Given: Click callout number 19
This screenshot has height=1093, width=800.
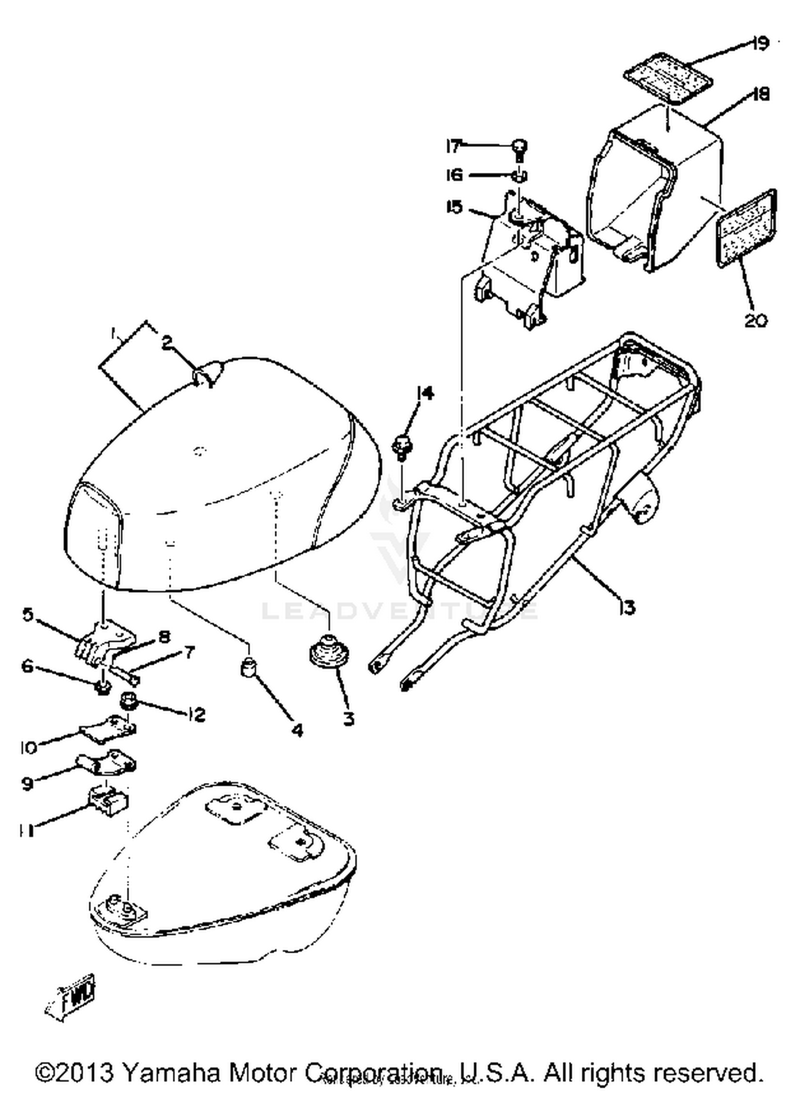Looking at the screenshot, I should click(x=760, y=42).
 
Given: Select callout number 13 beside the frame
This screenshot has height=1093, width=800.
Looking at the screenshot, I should click(x=628, y=607).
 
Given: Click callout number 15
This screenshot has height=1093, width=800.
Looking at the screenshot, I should click(x=454, y=207).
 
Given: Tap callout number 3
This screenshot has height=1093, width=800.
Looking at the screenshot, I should click(x=348, y=719).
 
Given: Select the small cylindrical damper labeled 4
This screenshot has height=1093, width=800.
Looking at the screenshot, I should click(x=249, y=667).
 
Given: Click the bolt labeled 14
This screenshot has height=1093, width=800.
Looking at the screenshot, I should click(x=403, y=445).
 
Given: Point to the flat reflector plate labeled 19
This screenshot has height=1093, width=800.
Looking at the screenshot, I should click(x=669, y=79).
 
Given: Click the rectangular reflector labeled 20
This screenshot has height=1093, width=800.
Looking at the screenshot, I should click(x=747, y=228).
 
